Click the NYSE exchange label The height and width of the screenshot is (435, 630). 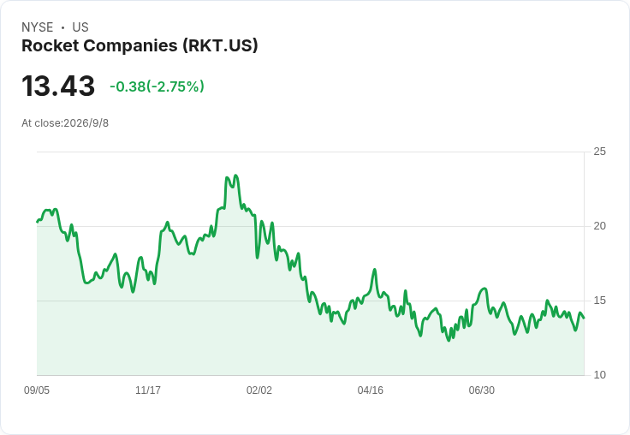click(x=38, y=27)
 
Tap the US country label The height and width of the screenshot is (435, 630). click(x=80, y=27)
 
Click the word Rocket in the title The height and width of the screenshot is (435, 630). click(x=51, y=45)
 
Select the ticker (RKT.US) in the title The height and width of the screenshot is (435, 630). click(x=220, y=45)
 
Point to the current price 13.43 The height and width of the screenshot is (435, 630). click(x=58, y=86)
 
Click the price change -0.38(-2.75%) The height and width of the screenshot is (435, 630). click(x=157, y=86)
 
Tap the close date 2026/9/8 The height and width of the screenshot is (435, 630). click(x=86, y=123)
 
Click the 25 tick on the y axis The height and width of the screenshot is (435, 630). click(x=599, y=152)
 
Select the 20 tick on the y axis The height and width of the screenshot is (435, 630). click(x=599, y=226)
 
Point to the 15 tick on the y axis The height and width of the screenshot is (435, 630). click(x=599, y=301)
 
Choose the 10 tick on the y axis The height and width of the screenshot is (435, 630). click(x=599, y=375)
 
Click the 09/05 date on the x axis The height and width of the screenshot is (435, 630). click(x=37, y=390)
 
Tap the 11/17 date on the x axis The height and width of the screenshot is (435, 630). click(x=148, y=390)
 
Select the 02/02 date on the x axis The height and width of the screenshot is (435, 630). click(x=259, y=390)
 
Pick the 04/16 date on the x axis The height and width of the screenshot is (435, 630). click(x=371, y=390)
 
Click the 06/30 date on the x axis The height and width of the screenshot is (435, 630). click(x=482, y=390)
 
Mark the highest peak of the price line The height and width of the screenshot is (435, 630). click(x=236, y=176)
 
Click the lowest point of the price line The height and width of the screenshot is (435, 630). click(x=449, y=341)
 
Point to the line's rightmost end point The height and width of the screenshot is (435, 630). click(x=584, y=318)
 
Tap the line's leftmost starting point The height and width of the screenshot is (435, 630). click(x=37, y=222)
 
